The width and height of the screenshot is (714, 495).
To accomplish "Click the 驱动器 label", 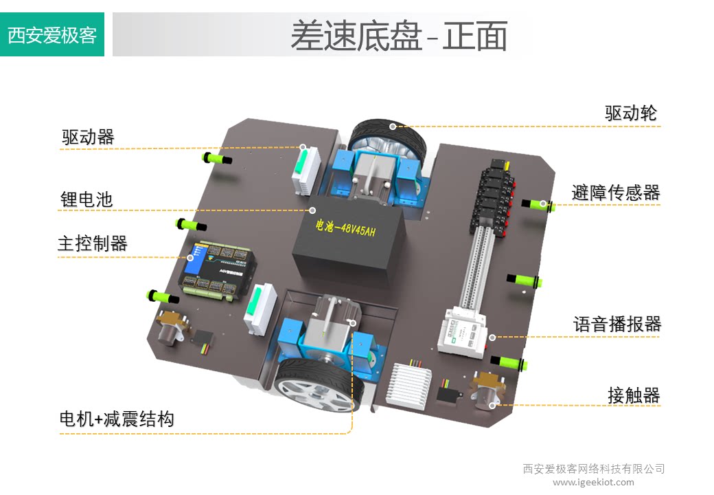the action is click(88, 137).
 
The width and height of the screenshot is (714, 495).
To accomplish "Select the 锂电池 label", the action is click(87, 200).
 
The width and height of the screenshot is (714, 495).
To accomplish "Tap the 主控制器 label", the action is click(93, 243).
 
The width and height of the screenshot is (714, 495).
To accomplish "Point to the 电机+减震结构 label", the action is click(117, 419).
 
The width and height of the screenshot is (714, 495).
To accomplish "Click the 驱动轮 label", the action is click(631, 113).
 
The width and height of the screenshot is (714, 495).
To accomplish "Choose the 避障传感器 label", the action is click(616, 192).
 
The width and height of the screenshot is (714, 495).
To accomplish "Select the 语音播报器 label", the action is click(617, 324).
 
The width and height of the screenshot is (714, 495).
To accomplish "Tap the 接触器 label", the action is click(633, 395).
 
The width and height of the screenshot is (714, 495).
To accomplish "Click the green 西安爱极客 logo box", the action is click(52, 34).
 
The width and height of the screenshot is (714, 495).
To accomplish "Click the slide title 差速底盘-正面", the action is click(398, 36).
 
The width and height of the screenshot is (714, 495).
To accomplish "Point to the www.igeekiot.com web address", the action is click(593, 482).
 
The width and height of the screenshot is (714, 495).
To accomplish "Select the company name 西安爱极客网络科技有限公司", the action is click(594, 469).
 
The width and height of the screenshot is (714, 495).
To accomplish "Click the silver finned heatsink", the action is click(411, 382).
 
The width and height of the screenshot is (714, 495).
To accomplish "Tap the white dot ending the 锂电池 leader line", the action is click(312, 210).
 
